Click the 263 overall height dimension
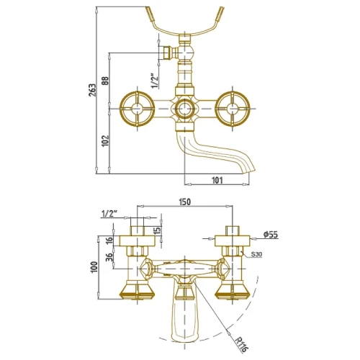(x=92, y=90)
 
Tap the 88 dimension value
(x=105, y=81)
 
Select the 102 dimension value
(x=106, y=141)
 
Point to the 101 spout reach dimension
(x=217, y=180)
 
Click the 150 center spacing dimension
(x=184, y=202)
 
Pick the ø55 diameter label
(x=271, y=235)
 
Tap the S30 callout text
(x=256, y=254)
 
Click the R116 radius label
(x=241, y=344)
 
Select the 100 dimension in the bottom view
(x=94, y=266)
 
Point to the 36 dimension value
(x=109, y=257)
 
